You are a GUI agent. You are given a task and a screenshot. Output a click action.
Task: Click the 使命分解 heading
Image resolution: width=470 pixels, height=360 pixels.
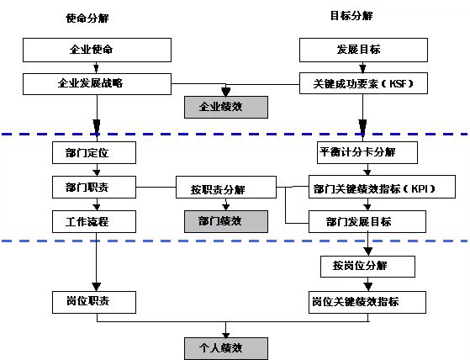point(87,19)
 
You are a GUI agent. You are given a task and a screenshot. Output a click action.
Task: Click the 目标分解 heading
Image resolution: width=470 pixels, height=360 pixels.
point(351,16)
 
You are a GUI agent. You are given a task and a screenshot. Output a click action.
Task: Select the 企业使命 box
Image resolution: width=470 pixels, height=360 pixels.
point(98,50)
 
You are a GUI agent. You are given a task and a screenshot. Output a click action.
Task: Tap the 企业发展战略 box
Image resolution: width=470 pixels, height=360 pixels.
point(98,84)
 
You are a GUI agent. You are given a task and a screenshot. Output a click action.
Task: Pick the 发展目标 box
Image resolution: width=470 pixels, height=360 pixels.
point(363,50)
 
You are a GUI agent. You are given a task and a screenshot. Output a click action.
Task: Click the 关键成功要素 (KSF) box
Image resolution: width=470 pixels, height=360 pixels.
point(363,83)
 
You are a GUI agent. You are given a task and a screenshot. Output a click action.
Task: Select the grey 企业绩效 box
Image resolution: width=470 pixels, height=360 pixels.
point(226,107)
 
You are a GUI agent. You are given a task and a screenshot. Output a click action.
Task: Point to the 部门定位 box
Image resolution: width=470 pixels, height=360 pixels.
point(94,153)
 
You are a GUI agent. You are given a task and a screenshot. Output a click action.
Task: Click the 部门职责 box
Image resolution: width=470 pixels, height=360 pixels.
point(94,188)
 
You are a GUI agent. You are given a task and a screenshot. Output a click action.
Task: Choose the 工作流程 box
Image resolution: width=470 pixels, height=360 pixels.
point(94,222)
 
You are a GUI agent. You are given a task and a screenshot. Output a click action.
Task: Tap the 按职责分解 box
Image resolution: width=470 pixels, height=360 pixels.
point(226,188)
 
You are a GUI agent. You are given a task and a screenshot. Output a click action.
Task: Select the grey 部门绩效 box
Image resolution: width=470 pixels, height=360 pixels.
point(226,221)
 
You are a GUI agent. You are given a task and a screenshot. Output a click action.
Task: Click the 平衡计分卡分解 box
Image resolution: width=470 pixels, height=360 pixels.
point(367,152)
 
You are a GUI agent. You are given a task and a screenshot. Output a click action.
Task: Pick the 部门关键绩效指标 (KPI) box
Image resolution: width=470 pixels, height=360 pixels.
point(382,187)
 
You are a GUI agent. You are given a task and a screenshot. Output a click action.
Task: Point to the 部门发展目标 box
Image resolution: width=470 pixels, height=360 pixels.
point(367,222)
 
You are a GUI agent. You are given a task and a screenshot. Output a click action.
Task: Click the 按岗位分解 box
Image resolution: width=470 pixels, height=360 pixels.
point(367,267)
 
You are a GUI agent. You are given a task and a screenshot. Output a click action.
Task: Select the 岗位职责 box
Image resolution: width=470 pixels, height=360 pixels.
point(94,303)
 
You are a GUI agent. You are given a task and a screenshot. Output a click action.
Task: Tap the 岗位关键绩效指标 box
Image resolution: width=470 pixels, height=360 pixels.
point(367,303)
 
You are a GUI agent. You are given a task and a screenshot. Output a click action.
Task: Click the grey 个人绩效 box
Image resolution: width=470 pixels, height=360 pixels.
point(226,348)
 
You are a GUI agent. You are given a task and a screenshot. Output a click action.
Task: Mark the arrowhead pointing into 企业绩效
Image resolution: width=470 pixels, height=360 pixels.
point(225,92)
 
